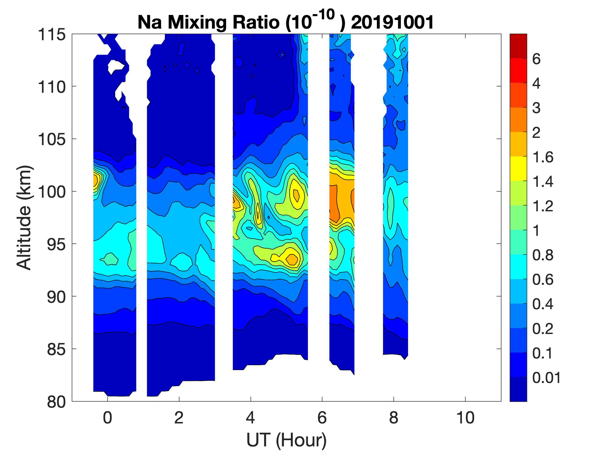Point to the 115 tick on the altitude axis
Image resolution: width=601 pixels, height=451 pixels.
52,35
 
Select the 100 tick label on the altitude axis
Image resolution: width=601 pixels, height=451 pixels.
52,192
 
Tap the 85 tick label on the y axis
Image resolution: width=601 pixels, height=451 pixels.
56,349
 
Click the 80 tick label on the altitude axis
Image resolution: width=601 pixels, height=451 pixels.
56,402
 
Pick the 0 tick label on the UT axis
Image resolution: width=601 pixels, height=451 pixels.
107,417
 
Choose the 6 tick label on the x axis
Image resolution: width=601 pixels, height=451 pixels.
322,417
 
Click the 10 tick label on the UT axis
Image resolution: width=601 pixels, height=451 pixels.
465,417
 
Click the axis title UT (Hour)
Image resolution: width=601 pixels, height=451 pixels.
286,439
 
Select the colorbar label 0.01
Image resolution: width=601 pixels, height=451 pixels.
546,378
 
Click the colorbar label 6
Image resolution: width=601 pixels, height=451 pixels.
536,59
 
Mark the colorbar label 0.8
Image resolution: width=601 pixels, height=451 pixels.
542,255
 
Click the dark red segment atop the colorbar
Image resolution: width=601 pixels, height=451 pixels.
518,46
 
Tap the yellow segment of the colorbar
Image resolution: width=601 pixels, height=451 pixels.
518,169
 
